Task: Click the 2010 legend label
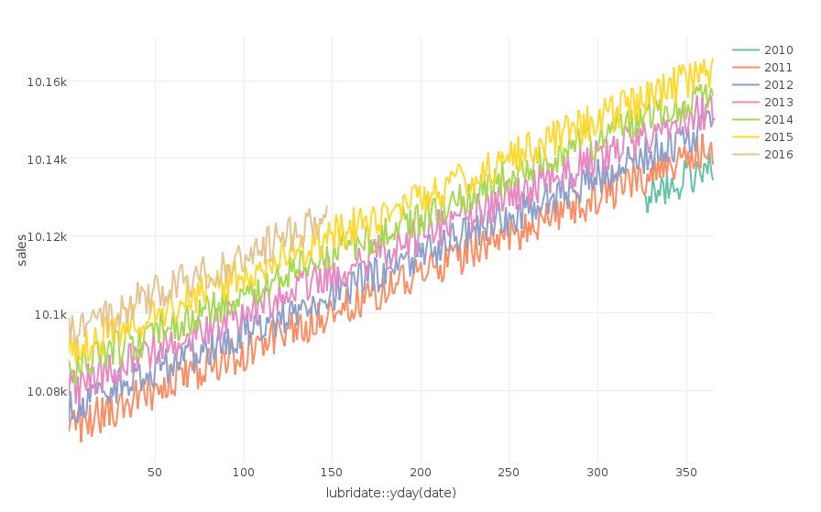(x=778, y=49)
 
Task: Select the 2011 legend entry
(x=778, y=67)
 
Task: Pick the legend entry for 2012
(x=778, y=84)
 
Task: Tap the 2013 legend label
(x=778, y=102)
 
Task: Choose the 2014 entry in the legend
(x=778, y=119)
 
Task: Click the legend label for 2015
(x=778, y=136)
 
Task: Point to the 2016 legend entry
(x=778, y=154)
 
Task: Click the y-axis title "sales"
(x=22, y=250)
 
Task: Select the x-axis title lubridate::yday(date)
(x=391, y=493)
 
